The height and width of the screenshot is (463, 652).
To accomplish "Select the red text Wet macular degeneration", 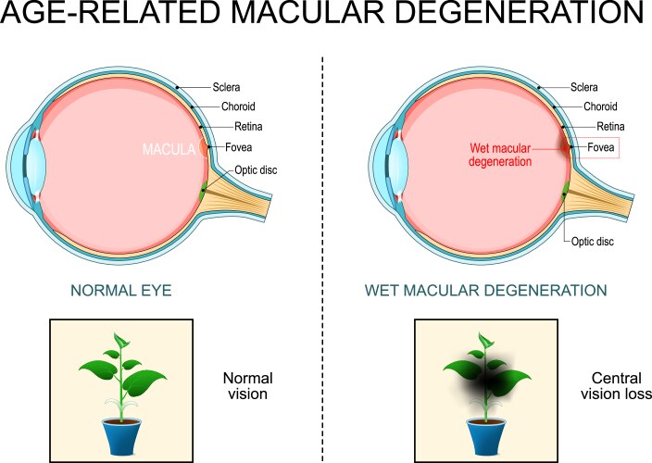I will coord(498,154).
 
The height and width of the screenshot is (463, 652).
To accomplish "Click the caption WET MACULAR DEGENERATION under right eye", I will coord(485,291).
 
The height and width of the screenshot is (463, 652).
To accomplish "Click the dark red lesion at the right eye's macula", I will coord(564,145).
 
